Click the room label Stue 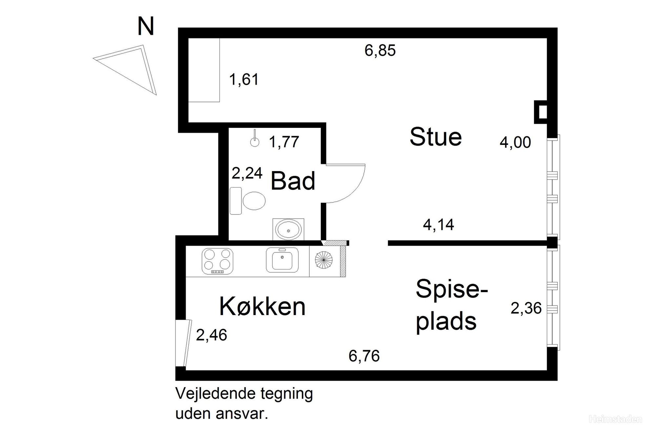[436, 137]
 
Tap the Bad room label [293, 181]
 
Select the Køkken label [262, 307]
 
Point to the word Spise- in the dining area [452, 289]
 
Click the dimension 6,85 [380, 51]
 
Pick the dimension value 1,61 [244, 80]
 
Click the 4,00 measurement [515, 143]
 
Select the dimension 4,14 [438, 225]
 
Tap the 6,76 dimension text [364, 356]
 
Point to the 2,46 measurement [211, 335]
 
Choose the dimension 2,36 [526, 308]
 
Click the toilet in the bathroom [249, 201]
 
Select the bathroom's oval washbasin [288, 229]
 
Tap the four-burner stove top [217, 261]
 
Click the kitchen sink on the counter [282, 260]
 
